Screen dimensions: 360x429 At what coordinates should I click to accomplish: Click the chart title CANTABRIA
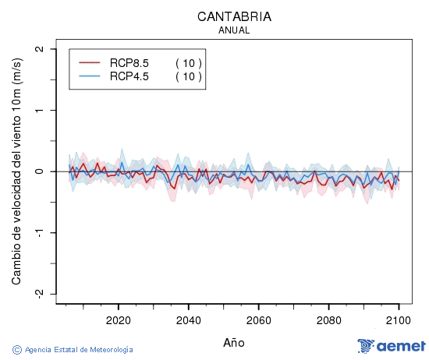234,16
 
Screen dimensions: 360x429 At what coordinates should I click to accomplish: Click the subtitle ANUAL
234,30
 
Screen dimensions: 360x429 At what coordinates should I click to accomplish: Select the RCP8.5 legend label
129,63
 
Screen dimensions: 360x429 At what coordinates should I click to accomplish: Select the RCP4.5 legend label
129,76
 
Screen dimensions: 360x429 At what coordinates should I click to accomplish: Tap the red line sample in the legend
90,63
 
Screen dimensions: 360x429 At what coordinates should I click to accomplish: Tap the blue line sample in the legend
90,76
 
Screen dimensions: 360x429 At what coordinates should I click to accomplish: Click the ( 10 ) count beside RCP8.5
188,63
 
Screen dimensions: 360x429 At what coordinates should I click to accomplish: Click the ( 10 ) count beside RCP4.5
188,76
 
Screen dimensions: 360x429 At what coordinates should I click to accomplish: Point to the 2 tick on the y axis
40,49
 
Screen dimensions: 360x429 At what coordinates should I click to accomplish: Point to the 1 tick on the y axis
40,110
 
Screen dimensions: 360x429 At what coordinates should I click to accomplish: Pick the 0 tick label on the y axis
40,171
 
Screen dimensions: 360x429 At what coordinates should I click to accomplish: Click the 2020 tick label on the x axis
118,320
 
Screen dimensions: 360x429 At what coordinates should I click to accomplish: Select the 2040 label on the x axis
188,320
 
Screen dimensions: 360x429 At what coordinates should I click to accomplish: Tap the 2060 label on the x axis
258,320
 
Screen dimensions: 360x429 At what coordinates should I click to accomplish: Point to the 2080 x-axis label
328,320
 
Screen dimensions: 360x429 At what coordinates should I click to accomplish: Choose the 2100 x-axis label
399,320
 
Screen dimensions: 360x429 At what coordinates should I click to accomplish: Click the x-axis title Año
234,341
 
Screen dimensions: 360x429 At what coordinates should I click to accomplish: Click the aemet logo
391,346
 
